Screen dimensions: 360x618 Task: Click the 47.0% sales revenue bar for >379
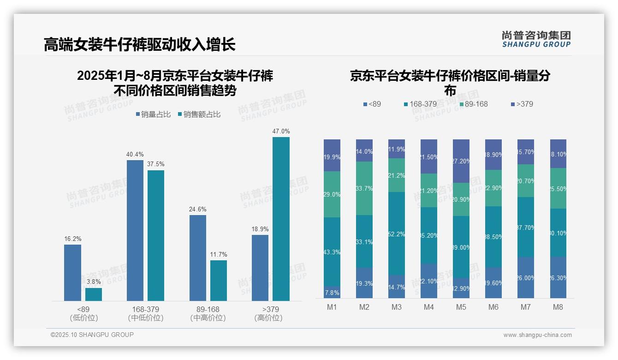(x=281, y=219)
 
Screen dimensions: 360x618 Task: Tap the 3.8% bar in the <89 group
(x=94, y=294)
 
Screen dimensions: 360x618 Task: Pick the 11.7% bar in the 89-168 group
(x=219, y=281)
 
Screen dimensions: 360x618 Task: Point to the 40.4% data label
(x=135, y=154)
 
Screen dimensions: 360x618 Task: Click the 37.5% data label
(x=156, y=164)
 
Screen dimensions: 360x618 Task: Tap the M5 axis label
(x=461, y=307)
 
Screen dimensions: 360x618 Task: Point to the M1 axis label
(x=332, y=307)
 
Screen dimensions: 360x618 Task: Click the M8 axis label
(x=558, y=307)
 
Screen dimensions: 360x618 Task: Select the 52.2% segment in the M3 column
(x=397, y=234)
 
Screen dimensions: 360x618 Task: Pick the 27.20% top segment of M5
(x=461, y=161)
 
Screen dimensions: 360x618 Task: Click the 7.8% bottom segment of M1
(x=332, y=292)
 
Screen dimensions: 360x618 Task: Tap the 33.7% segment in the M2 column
(x=364, y=188)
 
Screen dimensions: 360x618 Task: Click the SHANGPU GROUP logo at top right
(x=536, y=39)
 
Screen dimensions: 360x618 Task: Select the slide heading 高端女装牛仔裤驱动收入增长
(x=140, y=45)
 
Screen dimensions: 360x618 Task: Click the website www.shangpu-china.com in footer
(x=537, y=335)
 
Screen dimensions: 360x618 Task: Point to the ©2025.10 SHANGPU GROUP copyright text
(x=92, y=335)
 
